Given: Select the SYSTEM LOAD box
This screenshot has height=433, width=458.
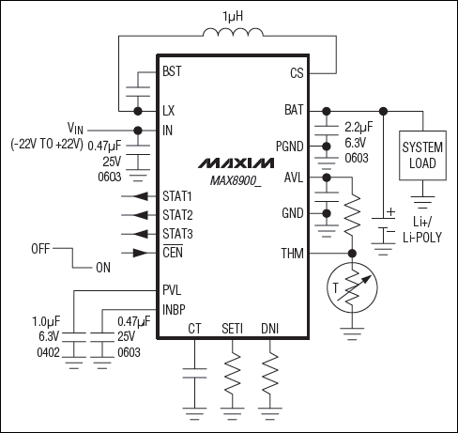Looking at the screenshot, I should (420, 156).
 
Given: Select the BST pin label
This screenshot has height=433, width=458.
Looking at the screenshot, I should (172, 71).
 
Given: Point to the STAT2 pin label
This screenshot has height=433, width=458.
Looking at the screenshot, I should (177, 214).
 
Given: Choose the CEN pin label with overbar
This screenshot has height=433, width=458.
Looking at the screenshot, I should (173, 252).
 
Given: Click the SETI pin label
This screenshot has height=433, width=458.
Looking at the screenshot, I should (234, 329).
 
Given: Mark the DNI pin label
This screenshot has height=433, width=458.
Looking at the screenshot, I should (270, 329).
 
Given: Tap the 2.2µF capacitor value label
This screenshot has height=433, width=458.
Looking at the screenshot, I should (359, 127).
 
